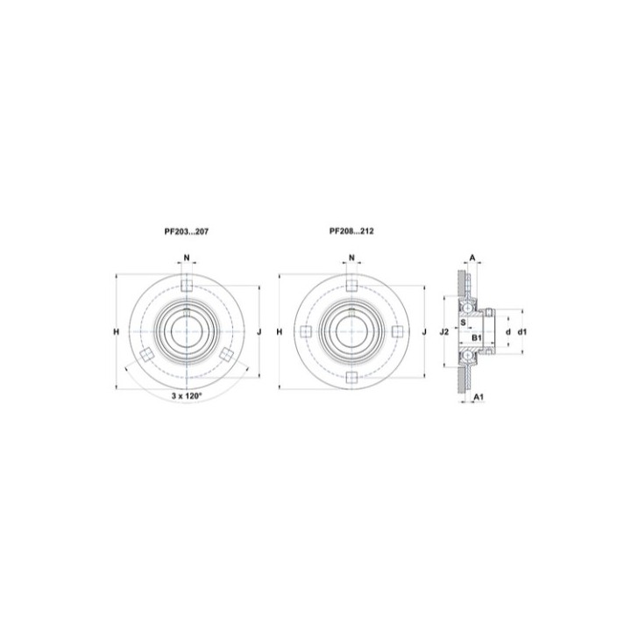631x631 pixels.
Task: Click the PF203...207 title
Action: (187, 231)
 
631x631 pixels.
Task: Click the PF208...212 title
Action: (351, 231)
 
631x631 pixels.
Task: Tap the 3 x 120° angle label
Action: (187, 396)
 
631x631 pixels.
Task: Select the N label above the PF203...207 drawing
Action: (187, 258)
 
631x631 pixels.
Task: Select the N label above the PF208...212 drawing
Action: (351, 258)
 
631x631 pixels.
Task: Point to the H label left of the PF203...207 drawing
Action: (117, 332)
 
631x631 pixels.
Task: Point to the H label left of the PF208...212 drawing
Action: (280, 332)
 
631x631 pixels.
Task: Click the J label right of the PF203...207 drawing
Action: (259, 332)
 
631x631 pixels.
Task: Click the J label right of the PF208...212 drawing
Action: (424, 332)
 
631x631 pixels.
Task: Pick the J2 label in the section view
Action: (443, 332)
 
